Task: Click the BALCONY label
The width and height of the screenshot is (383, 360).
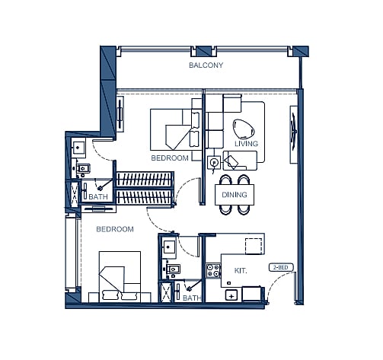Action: click(206, 66)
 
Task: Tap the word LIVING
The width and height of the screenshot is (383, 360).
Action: click(245, 144)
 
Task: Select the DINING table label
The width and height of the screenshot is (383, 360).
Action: click(234, 195)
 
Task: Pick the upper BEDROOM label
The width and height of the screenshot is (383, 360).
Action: click(169, 158)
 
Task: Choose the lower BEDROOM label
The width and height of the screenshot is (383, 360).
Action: click(114, 229)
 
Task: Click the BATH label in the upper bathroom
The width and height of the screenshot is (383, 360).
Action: click(98, 197)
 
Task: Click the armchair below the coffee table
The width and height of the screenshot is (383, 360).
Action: click(238, 160)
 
